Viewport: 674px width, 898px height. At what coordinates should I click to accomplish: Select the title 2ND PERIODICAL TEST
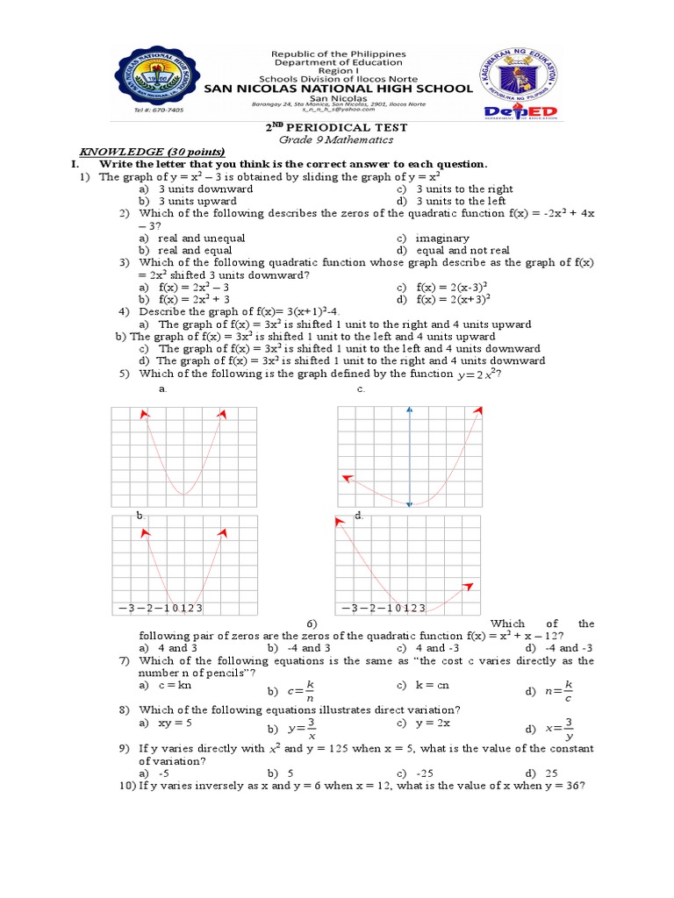[336, 128]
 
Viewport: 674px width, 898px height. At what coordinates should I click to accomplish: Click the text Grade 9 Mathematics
[336, 140]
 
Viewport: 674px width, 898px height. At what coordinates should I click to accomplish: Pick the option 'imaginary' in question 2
[443, 238]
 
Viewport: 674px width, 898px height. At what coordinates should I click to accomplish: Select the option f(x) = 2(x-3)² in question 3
[453, 287]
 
